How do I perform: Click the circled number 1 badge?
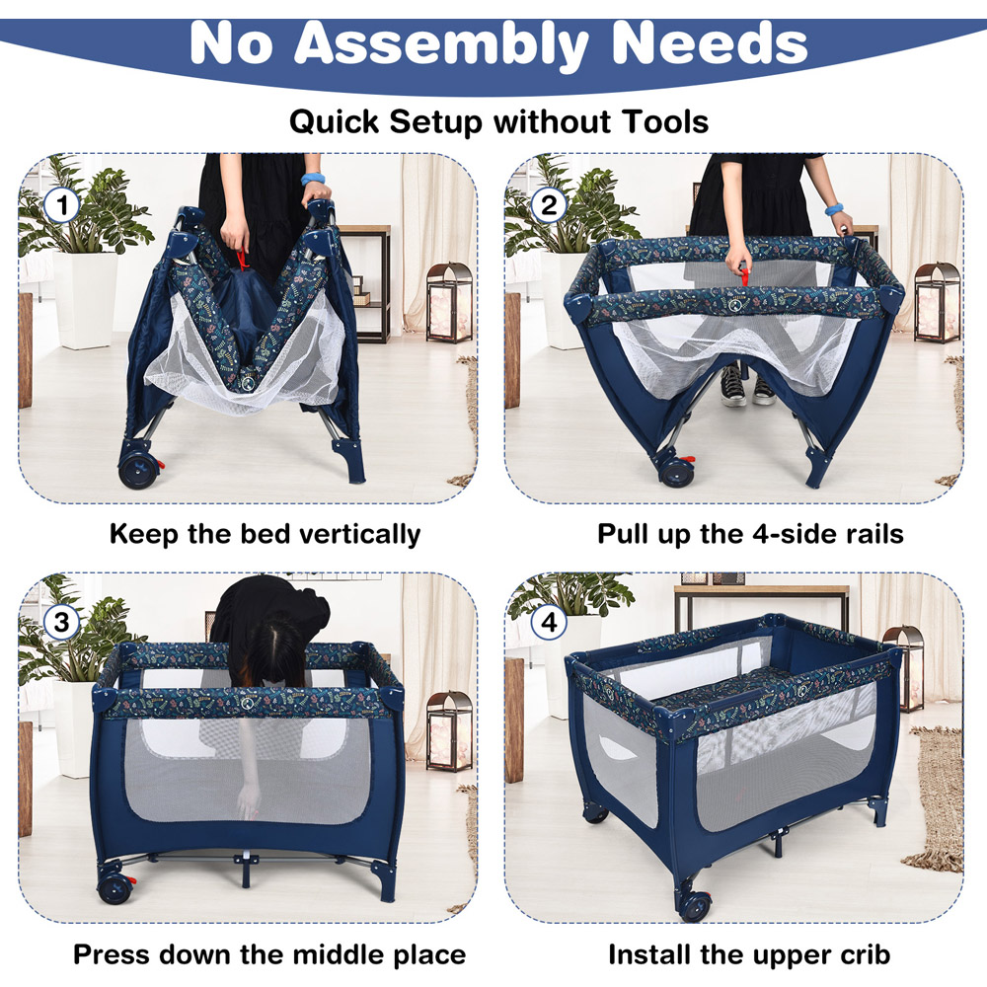click(x=61, y=206)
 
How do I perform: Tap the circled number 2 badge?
click(x=549, y=206)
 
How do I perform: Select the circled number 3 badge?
click(x=61, y=623)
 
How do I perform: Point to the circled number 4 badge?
click(x=549, y=623)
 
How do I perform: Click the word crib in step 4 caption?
click(x=865, y=954)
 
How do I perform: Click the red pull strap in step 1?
click(x=242, y=260)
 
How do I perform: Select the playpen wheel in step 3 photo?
click(x=115, y=887)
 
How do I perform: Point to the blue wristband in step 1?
click(x=312, y=179)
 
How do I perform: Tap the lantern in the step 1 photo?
click(x=449, y=303)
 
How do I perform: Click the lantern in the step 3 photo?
click(x=449, y=731)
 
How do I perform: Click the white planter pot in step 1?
click(x=85, y=300)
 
